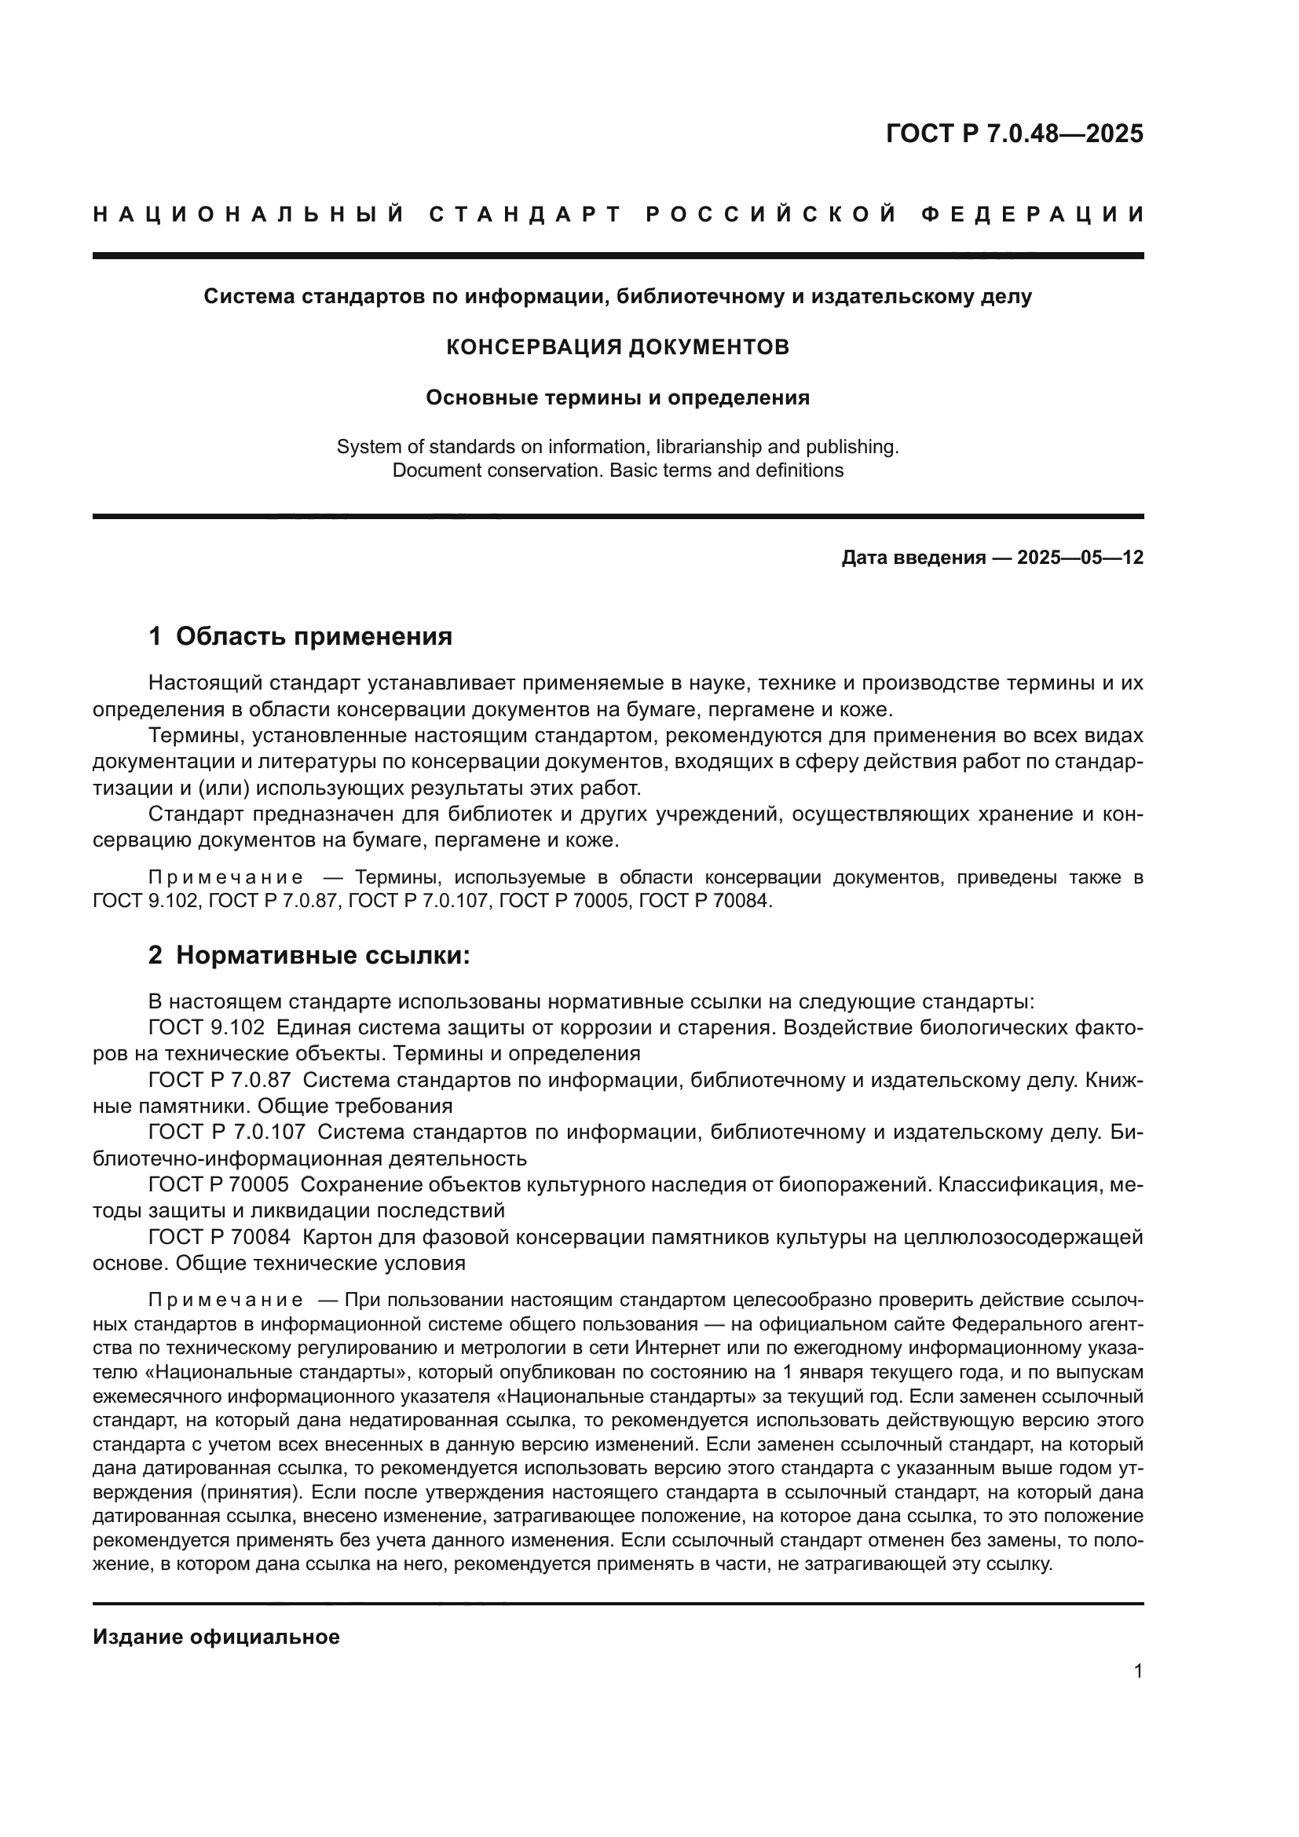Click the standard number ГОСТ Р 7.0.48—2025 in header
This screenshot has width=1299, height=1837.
(x=1013, y=134)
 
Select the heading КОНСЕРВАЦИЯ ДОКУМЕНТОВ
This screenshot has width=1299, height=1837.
(x=617, y=347)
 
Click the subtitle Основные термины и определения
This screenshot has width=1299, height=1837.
(x=617, y=397)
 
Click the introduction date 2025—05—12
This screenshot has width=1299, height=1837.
(x=1080, y=558)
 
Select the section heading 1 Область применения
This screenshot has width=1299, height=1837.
(x=300, y=637)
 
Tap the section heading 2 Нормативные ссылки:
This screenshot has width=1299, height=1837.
(x=309, y=955)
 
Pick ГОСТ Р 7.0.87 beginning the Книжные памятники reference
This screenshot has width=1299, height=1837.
(x=219, y=1080)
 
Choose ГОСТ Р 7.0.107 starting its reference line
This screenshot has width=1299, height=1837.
(x=226, y=1133)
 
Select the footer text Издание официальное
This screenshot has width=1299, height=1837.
(x=216, y=1637)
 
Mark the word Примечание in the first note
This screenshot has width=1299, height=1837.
(x=225, y=878)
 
